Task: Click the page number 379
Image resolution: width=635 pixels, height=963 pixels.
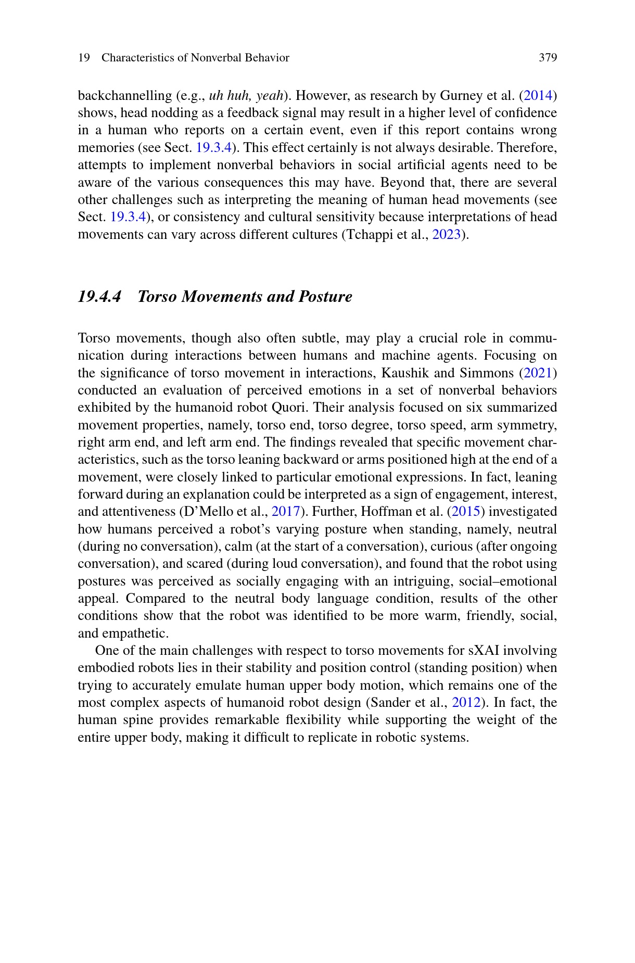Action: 548,58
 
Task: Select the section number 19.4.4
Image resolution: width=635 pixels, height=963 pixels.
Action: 99,297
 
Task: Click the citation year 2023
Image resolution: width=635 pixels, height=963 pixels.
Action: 447,235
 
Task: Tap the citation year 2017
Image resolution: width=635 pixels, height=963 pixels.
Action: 286,512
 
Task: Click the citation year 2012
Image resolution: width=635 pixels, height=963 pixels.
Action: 466,703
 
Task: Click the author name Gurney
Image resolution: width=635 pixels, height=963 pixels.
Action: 461,96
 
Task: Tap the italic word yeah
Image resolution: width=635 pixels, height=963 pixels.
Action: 270,96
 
